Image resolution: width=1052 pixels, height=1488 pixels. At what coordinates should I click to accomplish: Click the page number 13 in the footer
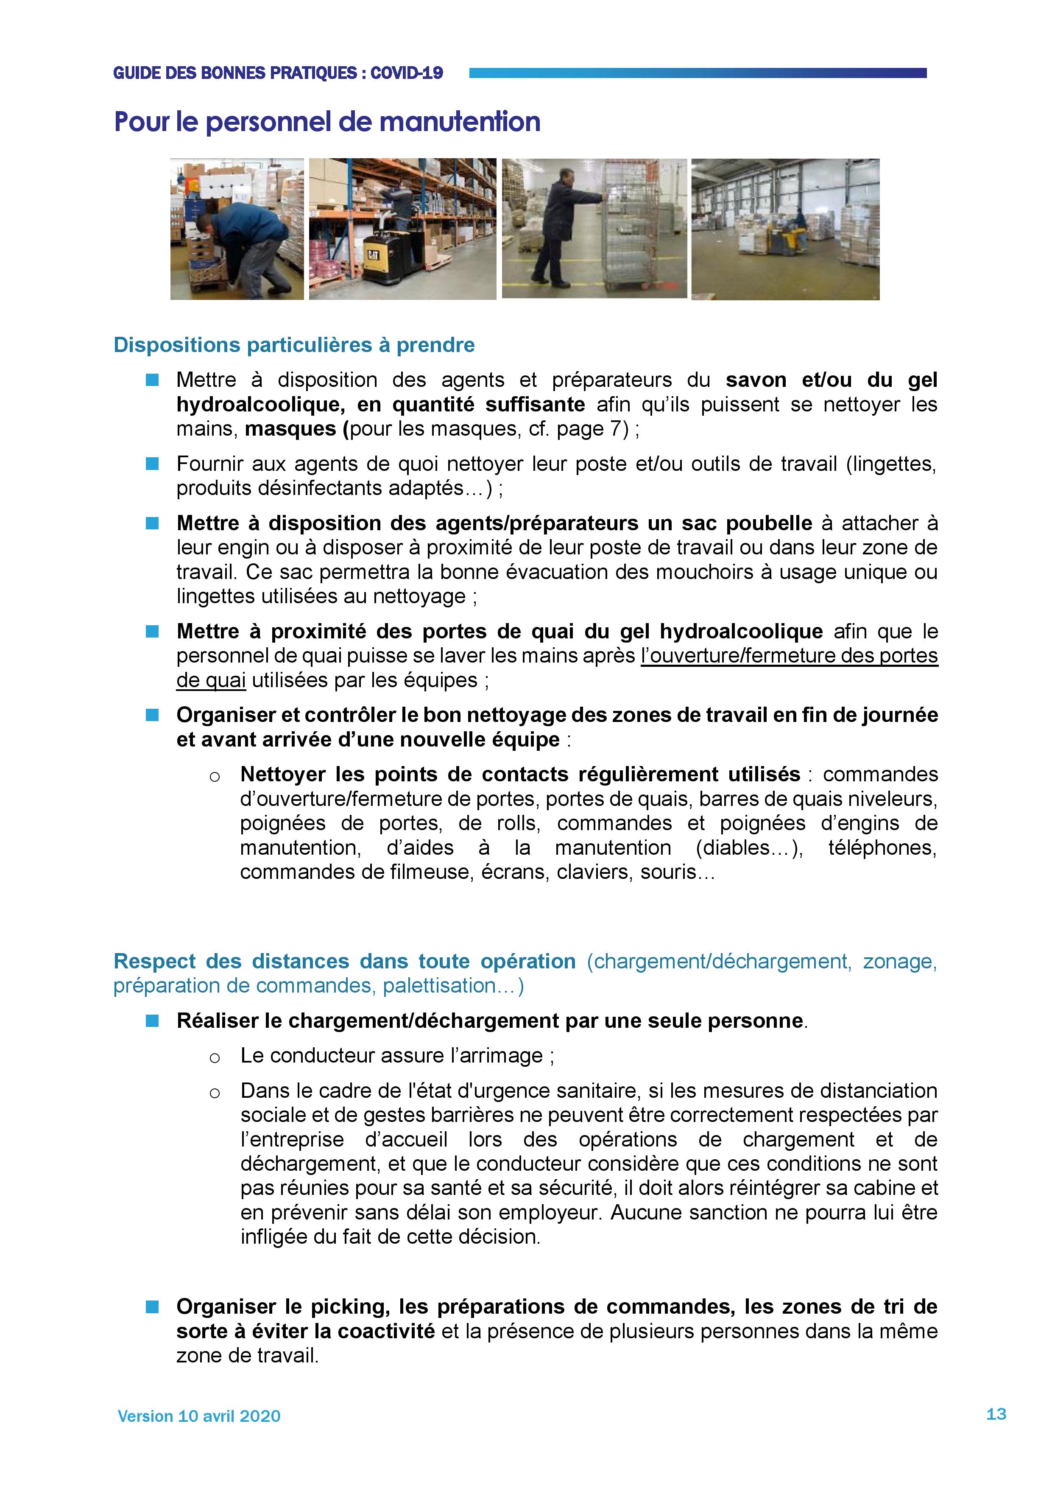click(996, 1413)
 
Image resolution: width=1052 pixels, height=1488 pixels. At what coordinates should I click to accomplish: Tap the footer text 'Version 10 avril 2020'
click(199, 1416)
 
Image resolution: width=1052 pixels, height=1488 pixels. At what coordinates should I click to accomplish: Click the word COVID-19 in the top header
click(407, 73)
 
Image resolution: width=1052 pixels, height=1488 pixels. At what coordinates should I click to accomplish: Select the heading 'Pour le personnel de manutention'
click(327, 122)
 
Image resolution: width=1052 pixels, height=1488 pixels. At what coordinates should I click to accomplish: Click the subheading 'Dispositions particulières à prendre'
click(294, 345)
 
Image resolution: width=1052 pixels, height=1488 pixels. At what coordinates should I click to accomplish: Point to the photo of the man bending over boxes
click(237, 229)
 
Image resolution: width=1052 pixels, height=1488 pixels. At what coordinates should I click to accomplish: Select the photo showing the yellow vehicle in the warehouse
click(785, 229)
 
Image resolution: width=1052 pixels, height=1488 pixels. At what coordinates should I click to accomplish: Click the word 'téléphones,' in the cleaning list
click(882, 847)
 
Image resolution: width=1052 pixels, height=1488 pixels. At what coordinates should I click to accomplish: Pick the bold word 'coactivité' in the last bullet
click(386, 1331)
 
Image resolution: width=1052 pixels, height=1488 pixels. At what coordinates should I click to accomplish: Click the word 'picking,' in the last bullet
click(350, 1306)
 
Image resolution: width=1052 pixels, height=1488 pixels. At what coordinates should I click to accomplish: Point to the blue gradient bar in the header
click(698, 73)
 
